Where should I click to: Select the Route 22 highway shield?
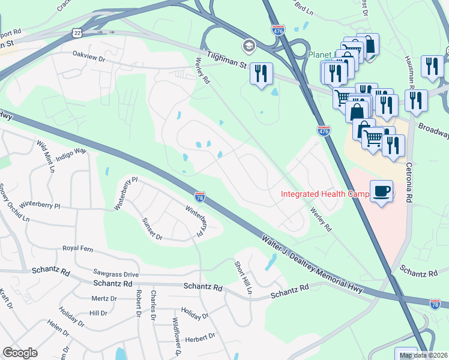[75, 31]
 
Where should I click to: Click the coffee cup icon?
[382, 191]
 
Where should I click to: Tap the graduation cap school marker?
[248, 46]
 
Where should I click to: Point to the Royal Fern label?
[80, 248]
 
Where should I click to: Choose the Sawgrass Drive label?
[116, 274]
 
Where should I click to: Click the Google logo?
[20, 353]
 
